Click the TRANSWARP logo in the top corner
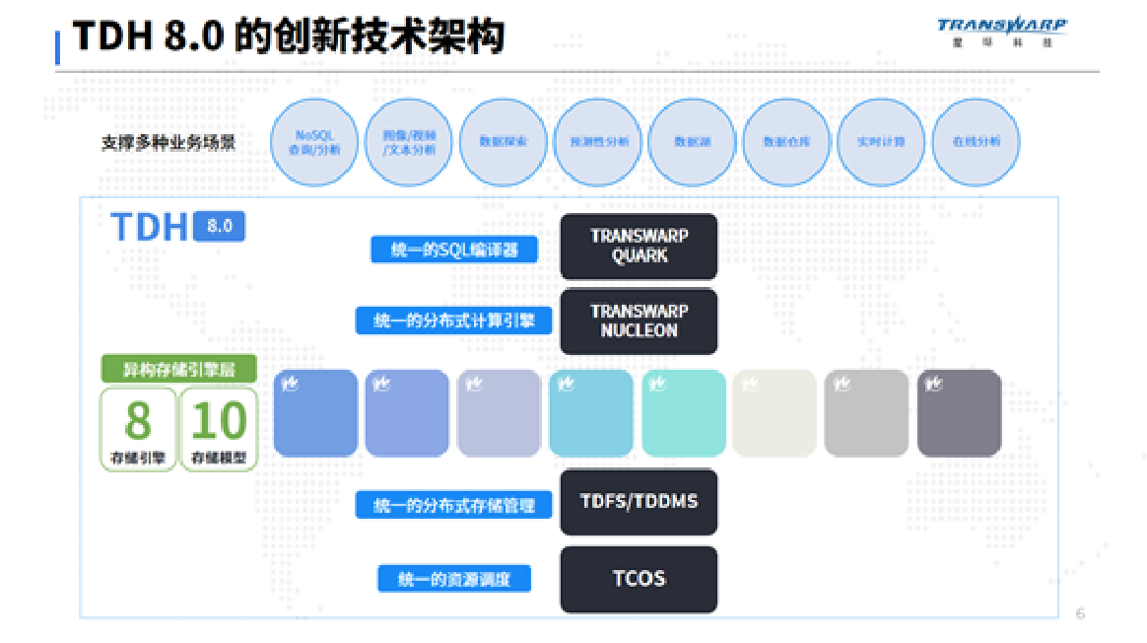(1001, 31)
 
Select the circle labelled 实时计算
(880, 142)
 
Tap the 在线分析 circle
(975, 142)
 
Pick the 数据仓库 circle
(785, 142)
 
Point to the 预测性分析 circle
(597, 142)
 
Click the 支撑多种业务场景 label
(169, 143)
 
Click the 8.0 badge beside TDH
(220, 226)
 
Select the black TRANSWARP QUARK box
(639, 247)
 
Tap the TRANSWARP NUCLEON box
(639, 321)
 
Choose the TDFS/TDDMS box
(639, 502)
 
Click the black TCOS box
(639, 579)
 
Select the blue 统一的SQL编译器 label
(454, 250)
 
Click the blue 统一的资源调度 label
(454, 579)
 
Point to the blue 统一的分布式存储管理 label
(454, 505)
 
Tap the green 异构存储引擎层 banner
(178, 370)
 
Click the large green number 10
(218, 421)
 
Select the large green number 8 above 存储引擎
(138, 421)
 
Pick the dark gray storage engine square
(958, 414)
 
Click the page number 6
(1080, 613)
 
